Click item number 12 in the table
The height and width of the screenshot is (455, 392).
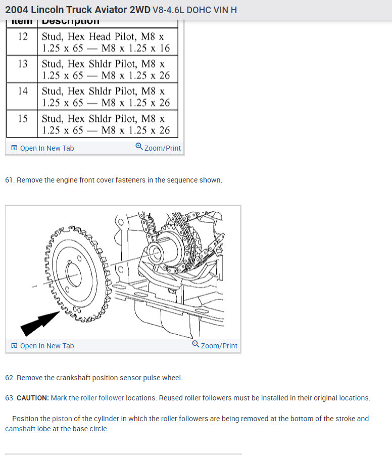pos(22,37)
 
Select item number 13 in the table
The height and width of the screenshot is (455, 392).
pos(22,64)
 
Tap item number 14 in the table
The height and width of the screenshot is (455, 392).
pos(22,92)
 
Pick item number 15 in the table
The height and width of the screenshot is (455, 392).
pos(22,119)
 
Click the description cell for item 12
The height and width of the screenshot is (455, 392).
pos(109,42)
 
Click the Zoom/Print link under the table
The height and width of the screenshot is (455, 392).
pos(158,148)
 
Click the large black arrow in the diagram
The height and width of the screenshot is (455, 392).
pos(40,322)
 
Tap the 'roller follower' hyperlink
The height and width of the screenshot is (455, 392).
pos(102,398)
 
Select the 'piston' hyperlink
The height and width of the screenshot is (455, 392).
pos(62,419)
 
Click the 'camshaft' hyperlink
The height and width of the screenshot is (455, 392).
pos(20,429)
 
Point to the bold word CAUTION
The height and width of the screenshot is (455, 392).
pos(33,398)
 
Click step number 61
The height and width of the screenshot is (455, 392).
pos(10,180)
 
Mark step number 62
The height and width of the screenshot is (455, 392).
pos(10,378)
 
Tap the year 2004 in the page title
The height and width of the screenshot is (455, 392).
pos(16,10)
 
